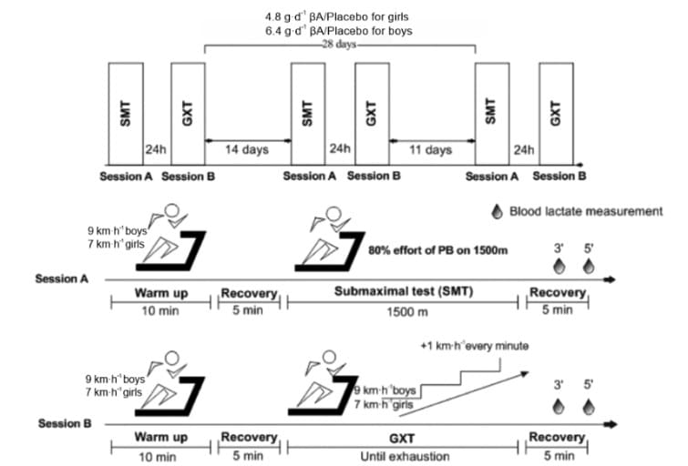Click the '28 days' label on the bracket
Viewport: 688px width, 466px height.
tap(339, 45)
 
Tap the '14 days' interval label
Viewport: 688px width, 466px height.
tap(247, 150)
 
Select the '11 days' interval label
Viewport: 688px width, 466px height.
tap(430, 150)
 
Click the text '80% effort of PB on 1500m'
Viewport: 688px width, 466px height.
tap(438, 250)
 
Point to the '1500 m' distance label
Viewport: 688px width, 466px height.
tap(407, 312)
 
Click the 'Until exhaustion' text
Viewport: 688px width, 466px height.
tap(405, 457)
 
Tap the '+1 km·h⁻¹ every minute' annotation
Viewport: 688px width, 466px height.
tap(475, 346)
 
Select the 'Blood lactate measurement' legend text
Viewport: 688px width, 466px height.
tap(586, 211)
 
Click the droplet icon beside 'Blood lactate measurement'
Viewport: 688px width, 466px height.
tap(498, 212)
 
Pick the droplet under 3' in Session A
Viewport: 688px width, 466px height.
tap(559, 267)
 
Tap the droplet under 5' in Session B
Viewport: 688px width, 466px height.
tap(589, 407)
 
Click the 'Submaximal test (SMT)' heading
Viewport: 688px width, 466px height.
tap(404, 291)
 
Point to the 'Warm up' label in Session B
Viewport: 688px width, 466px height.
tap(161, 437)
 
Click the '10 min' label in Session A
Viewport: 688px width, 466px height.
tap(160, 310)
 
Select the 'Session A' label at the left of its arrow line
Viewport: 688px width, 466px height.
tap(62, 279)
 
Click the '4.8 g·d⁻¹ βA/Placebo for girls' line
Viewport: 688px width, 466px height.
tap(336, 17)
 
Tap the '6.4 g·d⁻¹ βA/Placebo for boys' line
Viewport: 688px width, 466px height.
tap(339, 31)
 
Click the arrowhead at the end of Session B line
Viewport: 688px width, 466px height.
tap(611, 424)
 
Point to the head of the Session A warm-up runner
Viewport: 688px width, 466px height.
tap(171, 211)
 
